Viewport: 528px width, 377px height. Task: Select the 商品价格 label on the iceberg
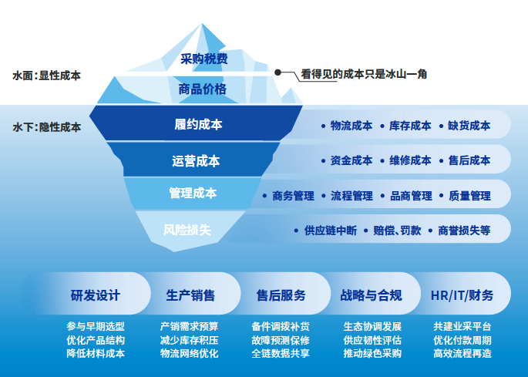click(x=203, y=89)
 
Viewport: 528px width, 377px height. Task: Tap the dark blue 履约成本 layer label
click(x=198, y=124)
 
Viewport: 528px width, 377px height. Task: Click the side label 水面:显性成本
click(x=47, y=76)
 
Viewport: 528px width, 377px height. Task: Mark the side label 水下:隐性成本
click(x=47, y=126)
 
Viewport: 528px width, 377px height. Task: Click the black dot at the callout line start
click(x=277, y=71)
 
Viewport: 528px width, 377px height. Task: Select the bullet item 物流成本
click(x=351, y=125)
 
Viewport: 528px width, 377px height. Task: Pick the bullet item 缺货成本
click(x=469, y=125)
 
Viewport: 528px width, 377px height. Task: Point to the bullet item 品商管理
click(x=410, y=196)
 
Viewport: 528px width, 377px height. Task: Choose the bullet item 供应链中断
click(x=330, y=230)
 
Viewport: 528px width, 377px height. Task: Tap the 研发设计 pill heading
click(x=96, y=295)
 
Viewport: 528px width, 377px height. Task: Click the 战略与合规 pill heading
click(x=370, y=295)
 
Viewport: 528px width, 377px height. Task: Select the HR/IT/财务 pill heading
click(x=462, y=295)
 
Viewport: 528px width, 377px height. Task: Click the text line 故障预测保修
click(x=281, y=340)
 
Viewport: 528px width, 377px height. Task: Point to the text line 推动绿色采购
click(x=372, y=354)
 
